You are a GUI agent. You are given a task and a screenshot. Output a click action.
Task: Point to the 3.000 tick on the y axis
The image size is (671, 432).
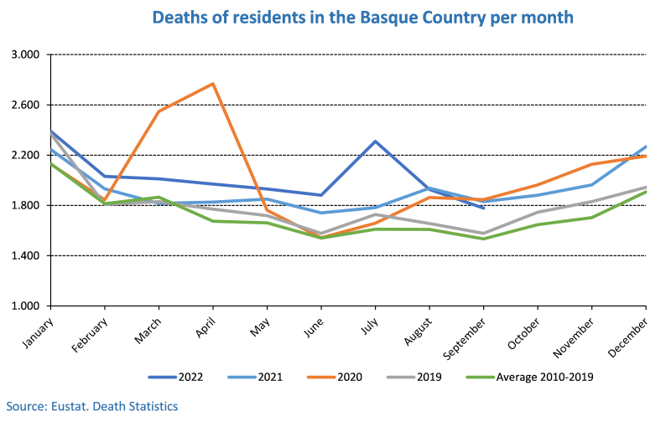click(x=28, y=55)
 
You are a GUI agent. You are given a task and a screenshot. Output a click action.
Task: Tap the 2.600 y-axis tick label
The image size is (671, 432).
click(x=28, y=105)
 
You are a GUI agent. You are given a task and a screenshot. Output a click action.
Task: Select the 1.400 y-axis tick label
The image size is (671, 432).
click(x=28, y=256)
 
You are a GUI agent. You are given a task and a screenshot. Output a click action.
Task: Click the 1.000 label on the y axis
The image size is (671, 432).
click(x=28, y=306)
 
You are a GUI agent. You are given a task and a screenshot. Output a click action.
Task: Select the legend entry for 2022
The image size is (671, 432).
click(x=179, y=377)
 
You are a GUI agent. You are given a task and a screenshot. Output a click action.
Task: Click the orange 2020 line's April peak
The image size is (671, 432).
click(x=213, y=84)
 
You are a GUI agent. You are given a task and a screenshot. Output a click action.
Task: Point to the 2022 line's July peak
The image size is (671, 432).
click(x=375, y=141)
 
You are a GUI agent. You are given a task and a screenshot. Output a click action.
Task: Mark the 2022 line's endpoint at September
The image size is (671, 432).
click(x=483, y=208)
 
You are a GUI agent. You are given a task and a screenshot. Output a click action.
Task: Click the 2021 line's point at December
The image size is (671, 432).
click(x=646, y=147)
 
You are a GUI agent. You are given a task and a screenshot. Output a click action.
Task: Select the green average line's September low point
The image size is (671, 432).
click(x=483, y=239)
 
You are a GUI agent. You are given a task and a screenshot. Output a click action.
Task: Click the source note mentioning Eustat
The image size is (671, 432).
click(x=92, y=406)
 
